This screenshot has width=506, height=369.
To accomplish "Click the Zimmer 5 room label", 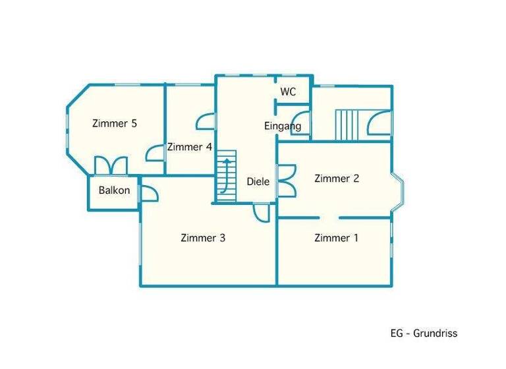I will tap(115, 123).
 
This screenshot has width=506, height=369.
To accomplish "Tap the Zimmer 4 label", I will tap(189, 147).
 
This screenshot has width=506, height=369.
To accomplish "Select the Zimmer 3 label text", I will tap(203, 238).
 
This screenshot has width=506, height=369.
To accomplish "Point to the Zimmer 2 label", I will tap(337, 178).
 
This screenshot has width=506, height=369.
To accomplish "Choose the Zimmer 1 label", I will tap(337, 238).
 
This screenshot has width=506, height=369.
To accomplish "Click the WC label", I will tap(288, 92).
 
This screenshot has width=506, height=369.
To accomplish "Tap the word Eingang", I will tap(283, 126).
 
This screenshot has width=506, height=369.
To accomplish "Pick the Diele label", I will tap(258, 182).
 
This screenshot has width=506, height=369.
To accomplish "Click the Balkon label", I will tap(115, 190).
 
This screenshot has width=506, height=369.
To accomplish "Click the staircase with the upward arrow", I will tap(226, 176).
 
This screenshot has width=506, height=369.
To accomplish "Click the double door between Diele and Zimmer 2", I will tap(287, 179).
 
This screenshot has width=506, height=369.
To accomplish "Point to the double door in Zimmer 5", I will tap(111, 165).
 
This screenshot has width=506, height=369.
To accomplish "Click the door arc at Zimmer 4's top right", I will tap(206, 122).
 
